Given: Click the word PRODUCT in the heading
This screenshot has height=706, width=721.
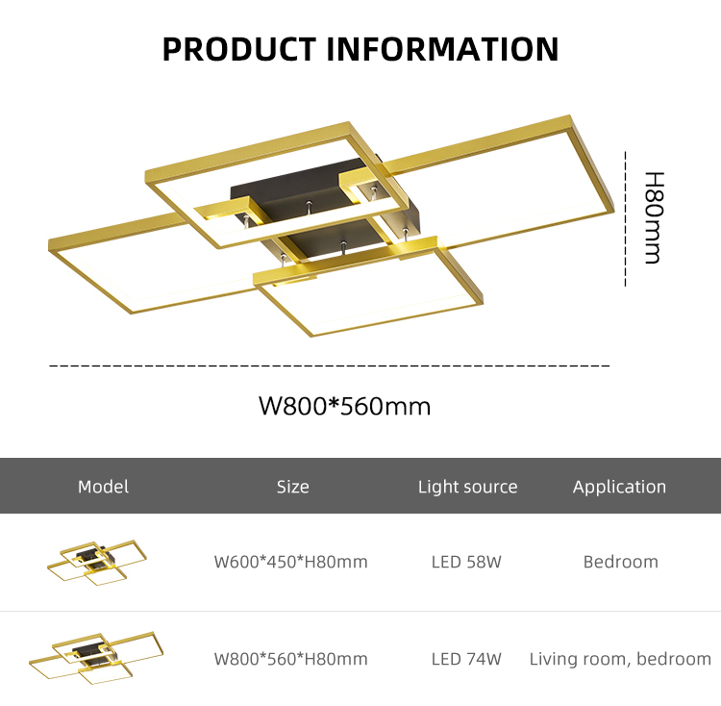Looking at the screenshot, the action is click(x=239, y=49).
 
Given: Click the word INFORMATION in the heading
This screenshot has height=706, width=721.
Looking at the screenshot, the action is click(x=443, y=49).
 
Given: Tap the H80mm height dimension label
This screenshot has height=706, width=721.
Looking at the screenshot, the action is click(x=654, y=218).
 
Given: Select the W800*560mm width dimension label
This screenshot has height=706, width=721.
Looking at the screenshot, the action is click(x=345, y=406).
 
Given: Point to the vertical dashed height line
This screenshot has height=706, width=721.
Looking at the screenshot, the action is click(x=626, y=219).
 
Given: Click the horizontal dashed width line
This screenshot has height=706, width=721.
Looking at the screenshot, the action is click(x=329, y=366).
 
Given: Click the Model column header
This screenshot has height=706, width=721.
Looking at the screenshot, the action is click(x=104, y=487).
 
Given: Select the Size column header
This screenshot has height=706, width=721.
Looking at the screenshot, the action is click(x=293, y=487).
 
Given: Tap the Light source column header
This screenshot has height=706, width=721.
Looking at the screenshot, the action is click(x=467, y=487).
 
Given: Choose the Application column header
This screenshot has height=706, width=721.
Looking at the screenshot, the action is click(x=619, y=487).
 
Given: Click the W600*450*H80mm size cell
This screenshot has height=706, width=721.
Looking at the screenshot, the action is click(x=290, y=562).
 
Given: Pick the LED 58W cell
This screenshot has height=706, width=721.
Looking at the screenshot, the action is click(x=466, y=562).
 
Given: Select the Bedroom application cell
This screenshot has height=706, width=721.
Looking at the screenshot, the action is click(x=621, y=562).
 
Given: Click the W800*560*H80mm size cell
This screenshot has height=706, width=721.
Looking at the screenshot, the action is click(x=290, y=659).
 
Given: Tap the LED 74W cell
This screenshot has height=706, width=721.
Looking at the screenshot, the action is click(x=466, y=659).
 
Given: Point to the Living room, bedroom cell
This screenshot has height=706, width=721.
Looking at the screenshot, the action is click(x=620, y=659).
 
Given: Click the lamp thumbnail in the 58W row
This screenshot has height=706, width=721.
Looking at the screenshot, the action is click(x=97, y=563).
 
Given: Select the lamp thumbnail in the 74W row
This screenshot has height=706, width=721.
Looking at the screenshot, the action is click(x=96, y=659).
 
